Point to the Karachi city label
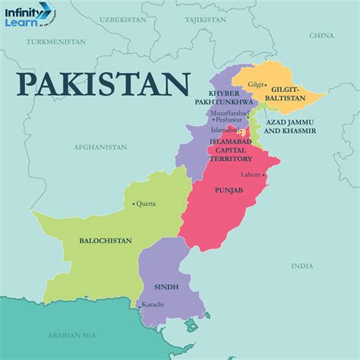coord(153,305)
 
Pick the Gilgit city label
coord(256,84)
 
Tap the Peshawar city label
coord(228,119)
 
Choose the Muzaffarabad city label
coord(232,111)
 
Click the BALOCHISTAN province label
coord(106,241)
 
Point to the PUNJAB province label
coord(229,190)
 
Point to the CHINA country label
coord(321,35)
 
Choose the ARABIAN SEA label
coord(69,333)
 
